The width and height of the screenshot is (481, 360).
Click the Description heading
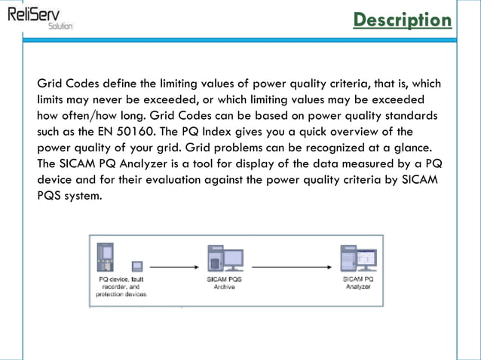pyautogui.click(x=403, y=20)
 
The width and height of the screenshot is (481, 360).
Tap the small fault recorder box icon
pyautogui.click(x=138, y=267)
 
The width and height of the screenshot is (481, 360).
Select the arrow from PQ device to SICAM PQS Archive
pyautogui.click(x=171, y=267)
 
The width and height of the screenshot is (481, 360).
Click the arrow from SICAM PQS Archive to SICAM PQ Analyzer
pyautogui.click(x=289, y=267)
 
